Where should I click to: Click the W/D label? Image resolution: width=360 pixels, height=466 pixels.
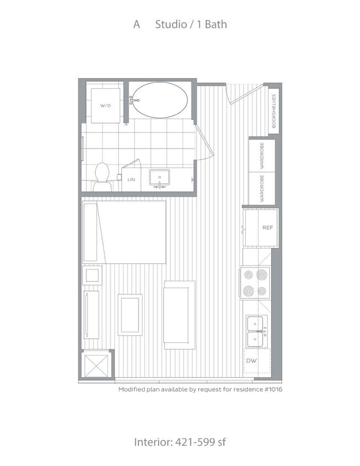(105, 105)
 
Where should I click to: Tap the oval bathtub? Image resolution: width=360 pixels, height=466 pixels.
(160, 100)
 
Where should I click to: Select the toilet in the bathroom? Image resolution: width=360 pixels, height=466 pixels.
(102, 176)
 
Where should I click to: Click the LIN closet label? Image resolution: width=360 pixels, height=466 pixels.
(131, 180)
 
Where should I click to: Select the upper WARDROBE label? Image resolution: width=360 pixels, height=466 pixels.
(262, 155)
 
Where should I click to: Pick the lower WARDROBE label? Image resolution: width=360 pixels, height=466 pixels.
(262, 188)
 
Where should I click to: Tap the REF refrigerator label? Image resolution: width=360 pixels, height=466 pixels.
(267, 227)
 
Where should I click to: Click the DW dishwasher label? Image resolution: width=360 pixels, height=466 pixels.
(251, 361)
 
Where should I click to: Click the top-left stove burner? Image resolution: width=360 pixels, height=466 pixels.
(248, 275)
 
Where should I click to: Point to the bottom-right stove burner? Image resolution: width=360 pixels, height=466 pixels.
(262, 291)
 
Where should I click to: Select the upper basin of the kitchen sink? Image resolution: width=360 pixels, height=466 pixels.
(255, 323)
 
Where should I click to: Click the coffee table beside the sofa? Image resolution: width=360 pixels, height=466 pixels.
(130, 315)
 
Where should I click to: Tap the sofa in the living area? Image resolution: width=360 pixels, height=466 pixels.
(179, 314)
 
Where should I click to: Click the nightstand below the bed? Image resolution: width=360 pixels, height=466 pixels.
(92, 275)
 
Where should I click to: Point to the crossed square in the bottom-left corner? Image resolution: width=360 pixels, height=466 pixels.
(97, 364)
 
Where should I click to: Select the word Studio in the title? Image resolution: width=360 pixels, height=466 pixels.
(170, 24)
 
